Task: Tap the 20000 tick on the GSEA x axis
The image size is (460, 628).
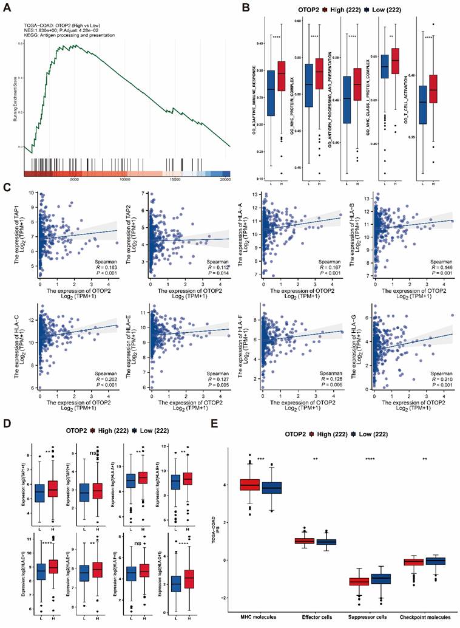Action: pos(225,180)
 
